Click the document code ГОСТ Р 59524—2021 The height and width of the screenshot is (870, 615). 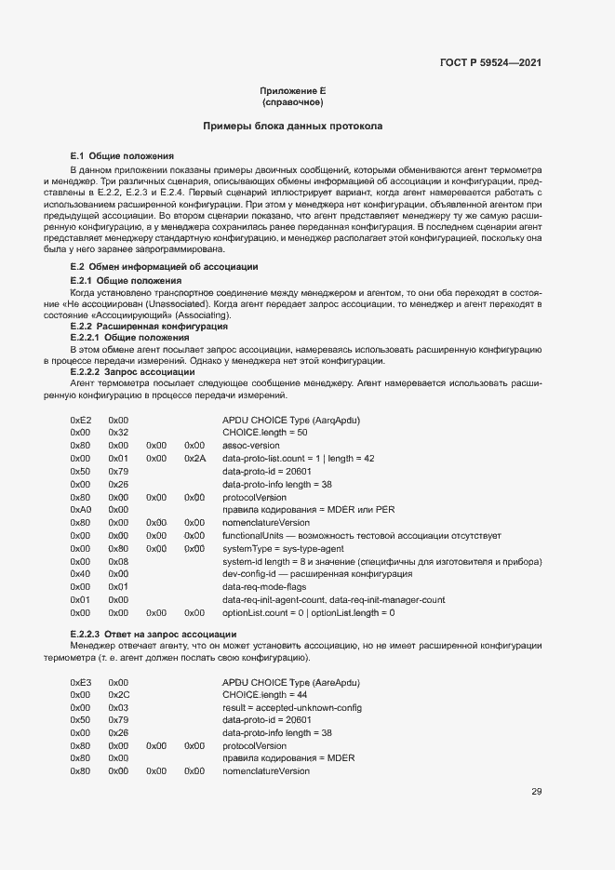tap(490, 63)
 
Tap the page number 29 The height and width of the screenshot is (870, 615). tap(536, 792)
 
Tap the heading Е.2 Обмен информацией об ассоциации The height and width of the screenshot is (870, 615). tap(152, 267)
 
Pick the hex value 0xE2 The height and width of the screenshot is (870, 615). tap(81, 421)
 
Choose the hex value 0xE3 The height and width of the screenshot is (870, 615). tap(81, 682)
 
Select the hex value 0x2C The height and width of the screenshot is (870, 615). tap(118, 695)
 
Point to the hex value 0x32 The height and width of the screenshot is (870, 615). tap(118, 433)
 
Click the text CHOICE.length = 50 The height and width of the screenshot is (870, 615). tap(265, 433)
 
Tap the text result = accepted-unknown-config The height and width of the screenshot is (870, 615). tap(292, 708)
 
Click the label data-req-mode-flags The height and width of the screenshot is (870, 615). tap(265, 587)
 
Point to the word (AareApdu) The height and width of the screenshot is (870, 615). tap(337, 682)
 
